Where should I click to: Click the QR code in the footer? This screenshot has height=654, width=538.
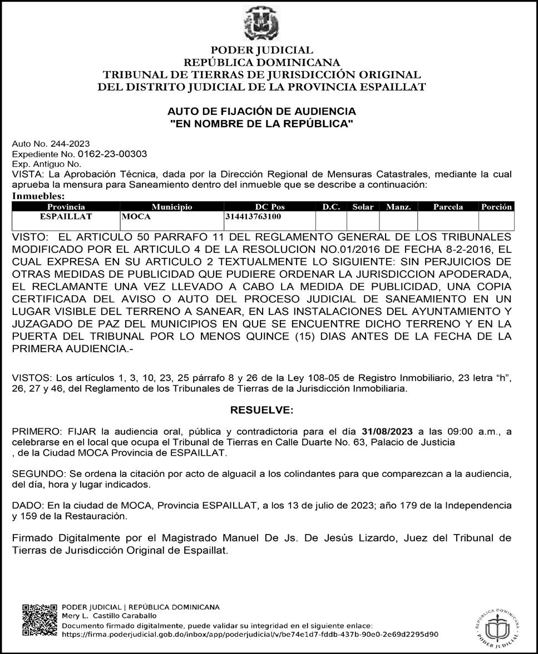40,621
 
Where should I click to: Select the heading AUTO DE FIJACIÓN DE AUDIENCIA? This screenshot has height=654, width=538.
262,112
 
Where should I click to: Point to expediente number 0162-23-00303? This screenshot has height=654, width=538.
112,154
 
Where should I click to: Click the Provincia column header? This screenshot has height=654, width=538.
66,207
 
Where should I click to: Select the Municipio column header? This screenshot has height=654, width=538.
172,207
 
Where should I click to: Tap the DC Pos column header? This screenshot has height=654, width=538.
269,207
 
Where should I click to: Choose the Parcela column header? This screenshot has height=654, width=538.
448,207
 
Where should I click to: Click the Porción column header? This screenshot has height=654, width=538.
496,207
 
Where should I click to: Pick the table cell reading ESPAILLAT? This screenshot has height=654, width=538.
66,216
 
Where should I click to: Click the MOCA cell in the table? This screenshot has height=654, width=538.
136,216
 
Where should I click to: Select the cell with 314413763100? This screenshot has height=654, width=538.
253,216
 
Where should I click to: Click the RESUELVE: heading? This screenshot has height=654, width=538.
261,411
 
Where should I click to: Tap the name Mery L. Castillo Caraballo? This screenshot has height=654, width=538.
109,616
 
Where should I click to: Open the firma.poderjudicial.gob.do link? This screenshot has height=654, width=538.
249,633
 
